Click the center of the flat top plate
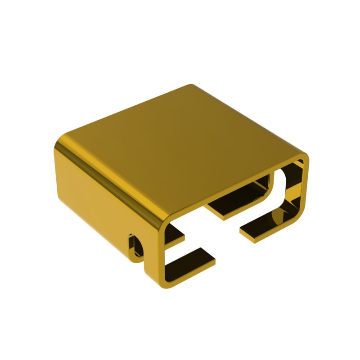(x=180, y=148)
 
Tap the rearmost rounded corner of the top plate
(x=191, y=86)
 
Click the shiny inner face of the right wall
(x=295, y=189)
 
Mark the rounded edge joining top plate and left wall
(x=112, y=180)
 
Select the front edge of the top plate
(x=234, y=189)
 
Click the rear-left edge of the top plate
(x=126, y=110)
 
